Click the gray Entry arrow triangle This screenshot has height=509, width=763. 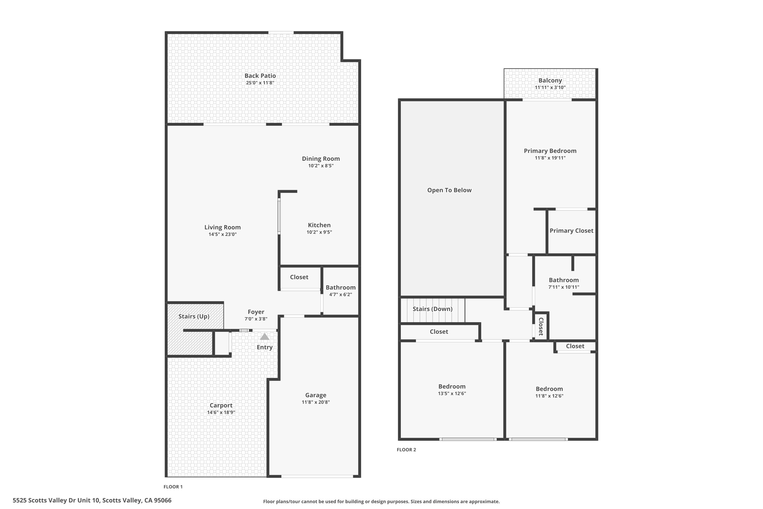coord(265,337)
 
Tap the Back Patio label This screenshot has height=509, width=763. coord(260,76)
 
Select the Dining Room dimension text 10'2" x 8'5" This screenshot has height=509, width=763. coord(321,166)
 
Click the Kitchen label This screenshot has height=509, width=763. coord(319,225)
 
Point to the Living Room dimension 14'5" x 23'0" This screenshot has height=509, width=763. coord(223,234)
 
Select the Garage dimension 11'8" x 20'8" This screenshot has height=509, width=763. coord(316,402)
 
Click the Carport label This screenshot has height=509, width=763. coord(221,405)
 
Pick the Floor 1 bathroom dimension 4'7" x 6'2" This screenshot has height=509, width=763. coord(341,294)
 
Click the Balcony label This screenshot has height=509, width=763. coord(550,80)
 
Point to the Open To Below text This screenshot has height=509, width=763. coord(449,190)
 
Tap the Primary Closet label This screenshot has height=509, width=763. coord(571,231)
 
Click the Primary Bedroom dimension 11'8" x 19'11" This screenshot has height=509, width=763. coord(550,158)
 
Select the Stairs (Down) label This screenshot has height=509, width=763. coord(432,309)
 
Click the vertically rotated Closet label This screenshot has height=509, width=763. coord(541,327)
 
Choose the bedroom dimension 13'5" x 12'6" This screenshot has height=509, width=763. coord(452,393)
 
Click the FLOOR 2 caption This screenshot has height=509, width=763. coord(406,450)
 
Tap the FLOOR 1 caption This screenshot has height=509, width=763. coord(173,487)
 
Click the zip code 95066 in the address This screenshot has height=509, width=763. coord(163,500)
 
